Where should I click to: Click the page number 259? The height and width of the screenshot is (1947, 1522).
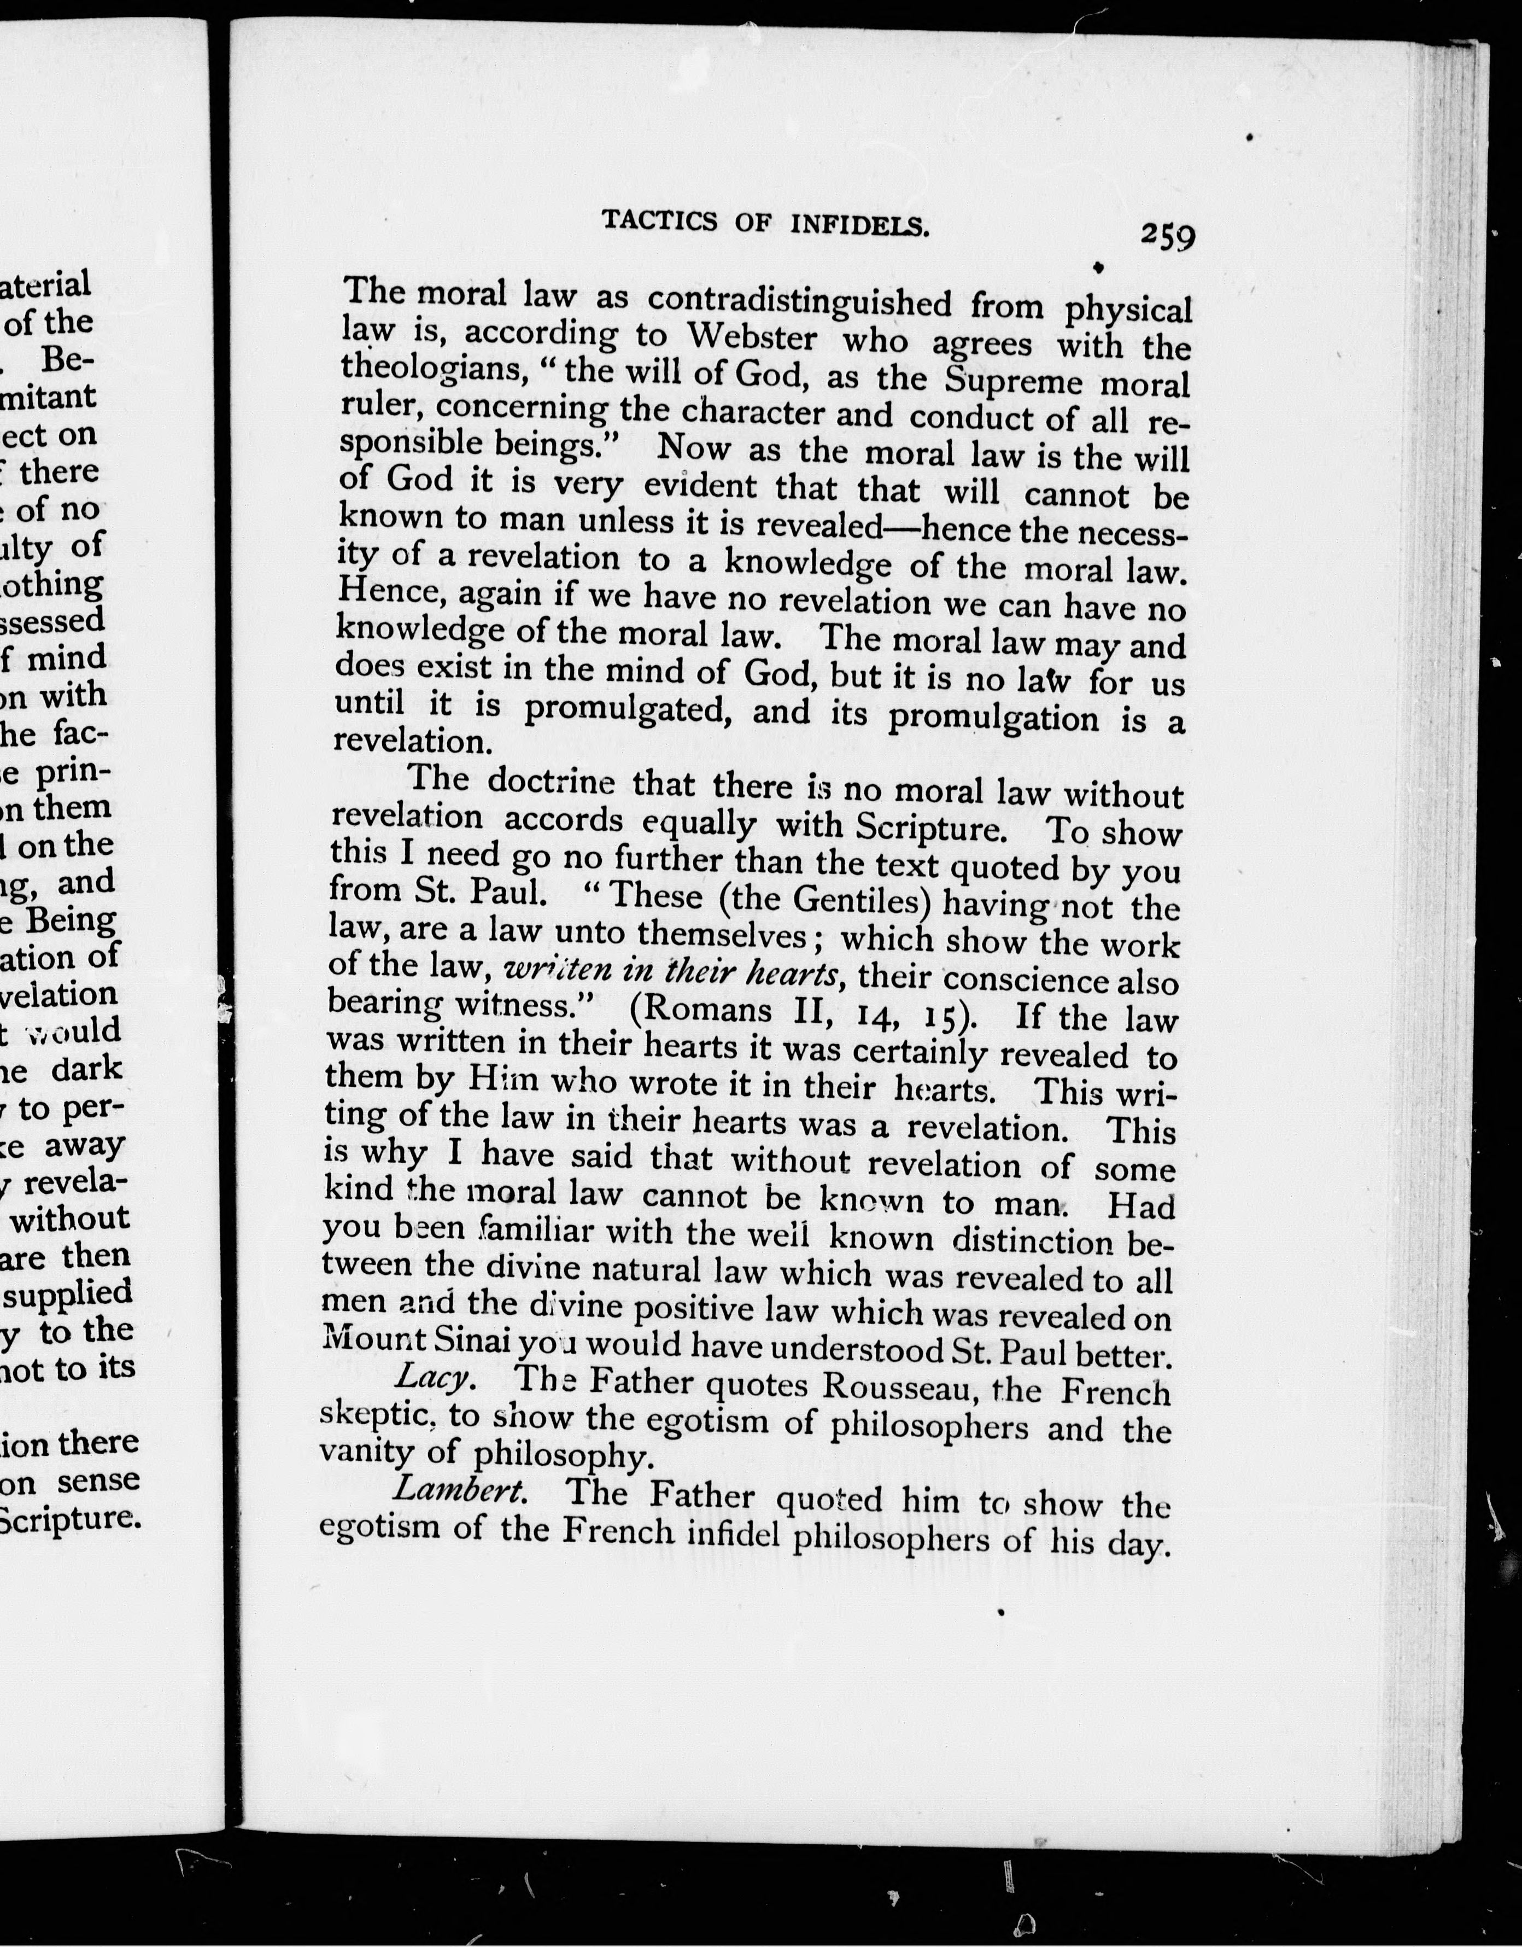click(x=1167, y=236)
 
